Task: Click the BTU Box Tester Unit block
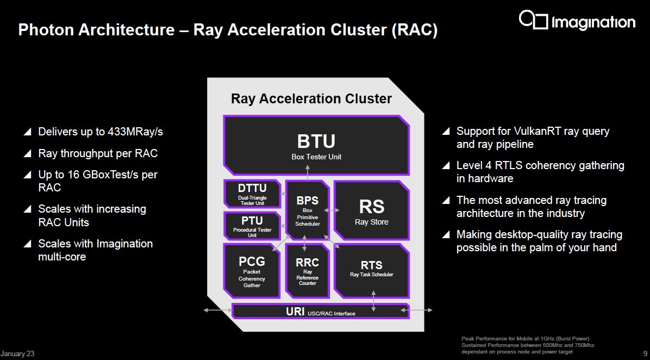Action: [x=316, y=145]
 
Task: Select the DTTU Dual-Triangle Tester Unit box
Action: [x=252, y=194]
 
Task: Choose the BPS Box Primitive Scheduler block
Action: [x=308, y=210]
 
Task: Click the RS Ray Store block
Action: [x=371, y=210]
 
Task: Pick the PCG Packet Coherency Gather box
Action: [x=252, y=271]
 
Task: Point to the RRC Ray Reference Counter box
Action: [x=308, y=271]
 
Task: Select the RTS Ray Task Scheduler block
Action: [x=371, y=269]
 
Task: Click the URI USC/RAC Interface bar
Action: [x=321, y=312]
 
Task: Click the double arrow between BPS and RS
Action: [x=332, y=210]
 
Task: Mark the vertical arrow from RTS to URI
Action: [x=374, y=300]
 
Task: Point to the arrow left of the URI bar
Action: [x=217, y=311]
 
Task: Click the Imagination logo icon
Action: [x=533, y=20]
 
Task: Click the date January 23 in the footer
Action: [x=17, y=354]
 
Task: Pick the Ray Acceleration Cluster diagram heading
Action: [x=311, y=98]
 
